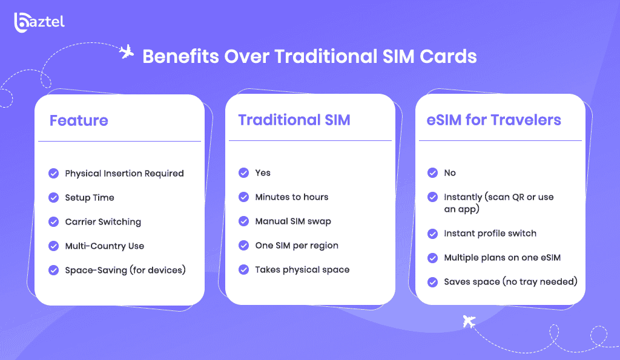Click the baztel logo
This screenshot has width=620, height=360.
pyautogui.click(x=39, y=22)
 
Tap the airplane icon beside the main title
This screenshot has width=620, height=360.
pyautogui.click(x=127, y=52)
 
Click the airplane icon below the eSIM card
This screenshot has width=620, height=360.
pyautogui.click(x=469, y=321)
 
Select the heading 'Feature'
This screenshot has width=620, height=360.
pyautogui.click(x=79, y=120)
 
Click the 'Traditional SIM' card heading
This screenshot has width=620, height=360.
pyautogui.click(x=294, y=120)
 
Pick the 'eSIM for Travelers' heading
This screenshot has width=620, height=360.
pyautogui.click(x=493, y=120)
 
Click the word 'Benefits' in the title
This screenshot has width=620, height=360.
pyautogui.click(x=180, y=56)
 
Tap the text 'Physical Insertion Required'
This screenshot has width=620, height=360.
pyautogui.click(x=124, y=174)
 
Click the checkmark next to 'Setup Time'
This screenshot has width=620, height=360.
pyautogui.click(x=53, y=198)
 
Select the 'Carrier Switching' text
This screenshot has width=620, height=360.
pyautogui.click(x=103, y=222)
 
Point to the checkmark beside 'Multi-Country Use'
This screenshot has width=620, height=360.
pyautogui.click(x=53, y=246)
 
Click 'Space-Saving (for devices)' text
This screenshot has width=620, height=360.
pyautogui.click(x=125, y=270)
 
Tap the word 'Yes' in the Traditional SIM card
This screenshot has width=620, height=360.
pyautogui.click(x=263, y=172)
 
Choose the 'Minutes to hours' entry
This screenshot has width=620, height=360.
pyautogui.click(x=291, y=197)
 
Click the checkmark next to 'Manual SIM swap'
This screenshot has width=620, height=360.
pyautogui.click(x=243, y=221)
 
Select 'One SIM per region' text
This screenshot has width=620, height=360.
pyautogui.click(x=297, y=246)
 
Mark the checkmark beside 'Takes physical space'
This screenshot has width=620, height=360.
pyautogui.click(x=243, y=269)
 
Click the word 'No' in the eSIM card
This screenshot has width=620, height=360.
pyautogui.click(x=450, y=172)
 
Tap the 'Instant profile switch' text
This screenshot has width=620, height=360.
pyautogui.click(x=490, y=233)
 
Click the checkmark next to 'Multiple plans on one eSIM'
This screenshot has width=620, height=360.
pyautogui.click(x=432, y=258)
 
